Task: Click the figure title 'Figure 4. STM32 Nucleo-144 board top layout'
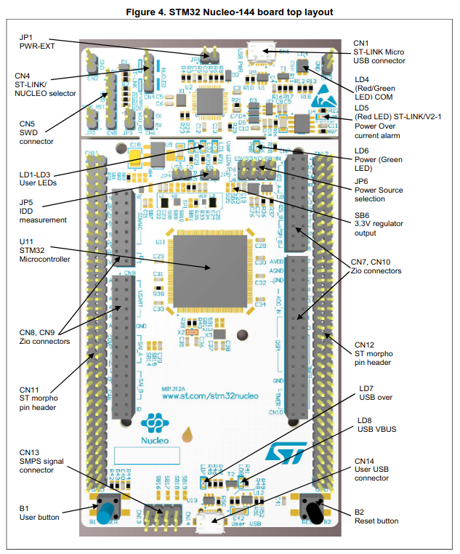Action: (230, 12)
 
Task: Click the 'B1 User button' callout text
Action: (40, 512)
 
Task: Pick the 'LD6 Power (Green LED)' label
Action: (374, 159)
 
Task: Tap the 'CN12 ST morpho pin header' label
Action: (374, 353)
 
